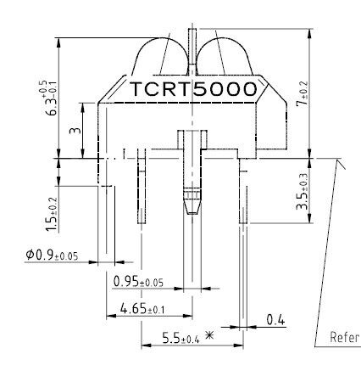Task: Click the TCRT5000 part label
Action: tap(192, 89)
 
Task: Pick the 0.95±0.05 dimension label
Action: tap(138, 281)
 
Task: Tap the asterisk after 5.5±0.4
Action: tap(208, 337)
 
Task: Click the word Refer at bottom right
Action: tap(344, 337)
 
